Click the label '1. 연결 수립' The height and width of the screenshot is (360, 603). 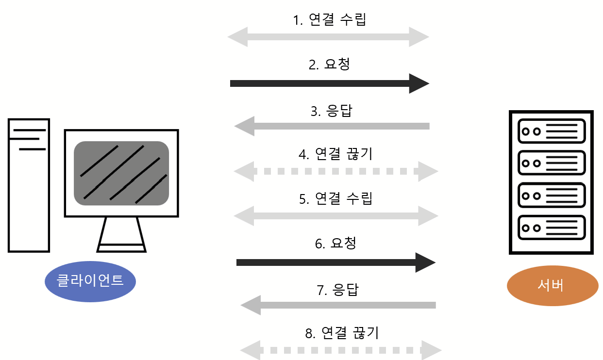[x=329, y=20]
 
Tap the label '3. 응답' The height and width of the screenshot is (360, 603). [x=331, y=111]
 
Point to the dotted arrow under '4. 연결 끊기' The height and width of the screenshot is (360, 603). [x=335, y=171]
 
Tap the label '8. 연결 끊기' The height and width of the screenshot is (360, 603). [x=341, y=333]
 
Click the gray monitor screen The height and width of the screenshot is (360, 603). [x=121, y=173]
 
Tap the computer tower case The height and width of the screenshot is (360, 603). [x=29, y=184]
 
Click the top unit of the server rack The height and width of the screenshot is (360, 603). [x=552, y=131]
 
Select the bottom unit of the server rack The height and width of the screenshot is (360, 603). [x=552, y=227]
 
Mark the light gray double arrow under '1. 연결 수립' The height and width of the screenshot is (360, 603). [x=328, y=37]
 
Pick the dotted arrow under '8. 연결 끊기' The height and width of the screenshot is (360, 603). [x=341, y=350]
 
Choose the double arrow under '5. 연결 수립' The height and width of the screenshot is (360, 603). [x=335, y=215]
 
